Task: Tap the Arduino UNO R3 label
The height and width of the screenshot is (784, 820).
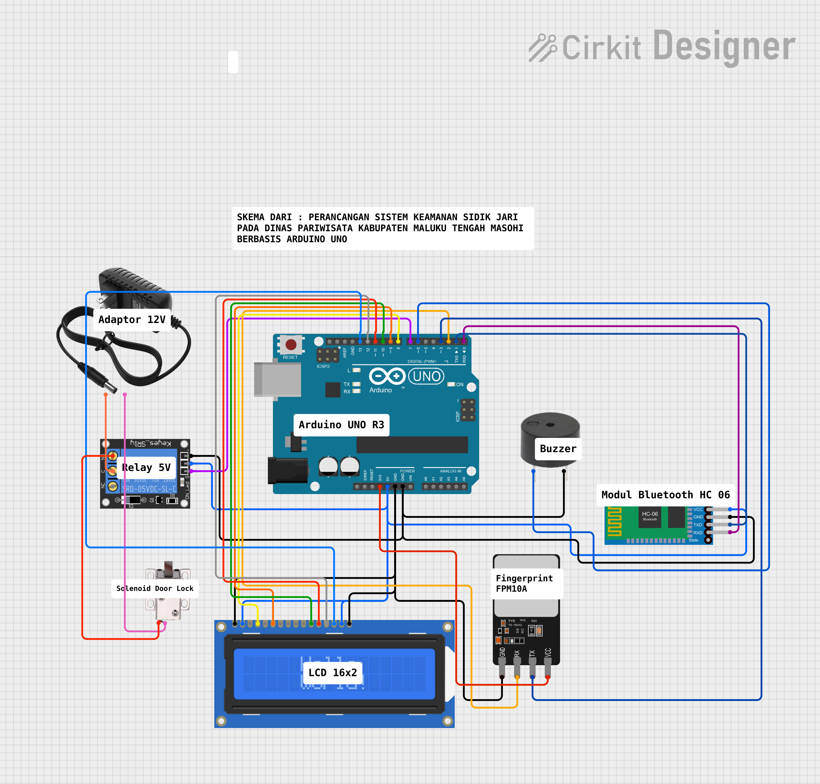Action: pyautogui.click(x=341, y=425)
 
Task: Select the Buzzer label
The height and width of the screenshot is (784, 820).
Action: pyautogui.click(x=558, y=449)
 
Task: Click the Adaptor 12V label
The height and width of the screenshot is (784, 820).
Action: pyautogui.click(x=132, y=320)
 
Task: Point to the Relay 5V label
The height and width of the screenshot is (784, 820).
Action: pyautogui.click(x=146, y=468)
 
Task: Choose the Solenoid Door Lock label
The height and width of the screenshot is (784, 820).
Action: pyautogui.click(x=155, y=588)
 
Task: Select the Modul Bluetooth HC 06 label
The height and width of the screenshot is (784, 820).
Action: pyautogui.click(x=665, y=495)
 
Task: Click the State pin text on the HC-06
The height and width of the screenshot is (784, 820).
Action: pyautogui.click(x=693, y=540)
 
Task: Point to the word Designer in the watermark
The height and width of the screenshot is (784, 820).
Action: pyautogui.click(x=724, y=47)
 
